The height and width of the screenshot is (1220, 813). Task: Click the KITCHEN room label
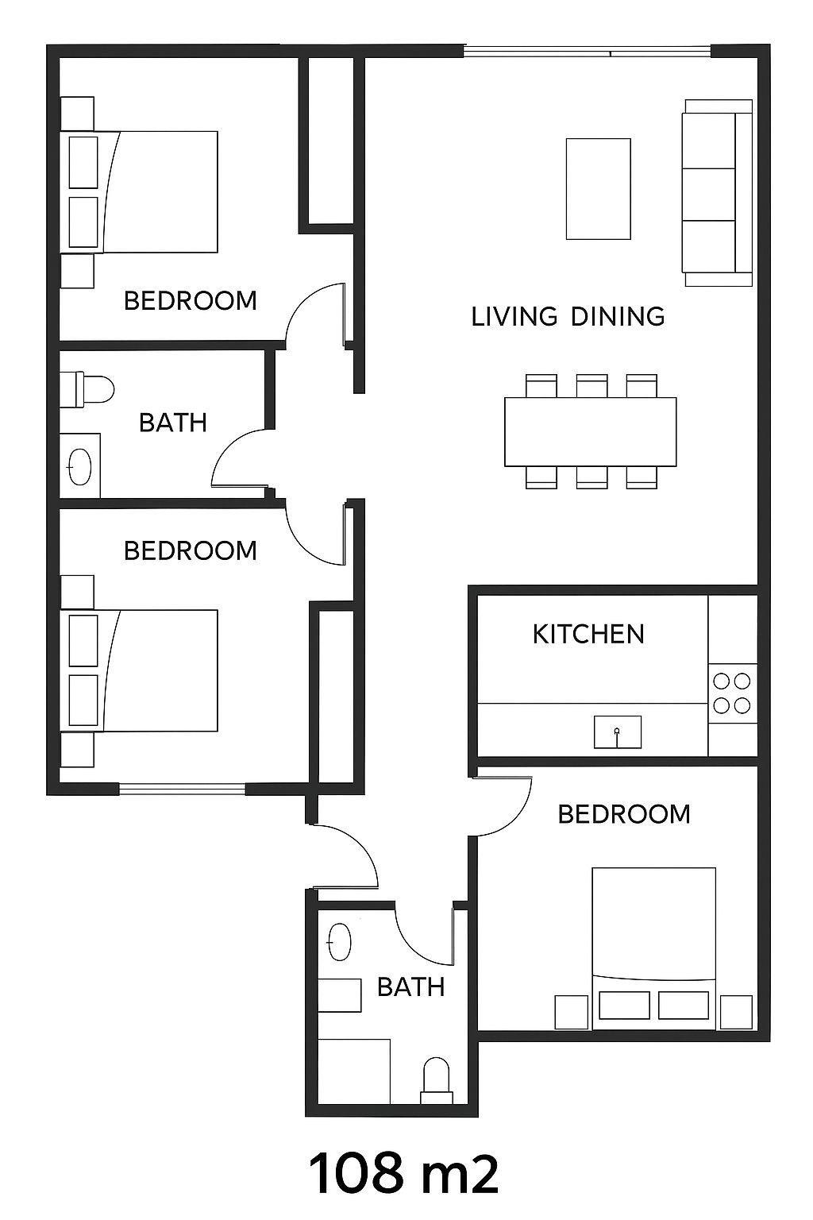click(588, 634)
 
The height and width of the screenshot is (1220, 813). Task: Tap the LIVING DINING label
click(568, 316)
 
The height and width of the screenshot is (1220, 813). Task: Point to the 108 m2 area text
click(403, 1171)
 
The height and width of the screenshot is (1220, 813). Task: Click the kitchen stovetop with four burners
click(732, 693)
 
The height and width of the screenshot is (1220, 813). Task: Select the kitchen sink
click(617, 732)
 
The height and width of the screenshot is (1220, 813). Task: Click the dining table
click(590, 432)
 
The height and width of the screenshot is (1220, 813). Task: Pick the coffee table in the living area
click(599, 188)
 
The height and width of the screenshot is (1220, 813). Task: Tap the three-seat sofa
click(719, 193)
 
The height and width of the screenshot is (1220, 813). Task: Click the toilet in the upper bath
click(86, 389)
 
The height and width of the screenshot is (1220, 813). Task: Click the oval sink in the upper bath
click(79, 467)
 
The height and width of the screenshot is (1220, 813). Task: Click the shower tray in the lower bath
click(354, 1071)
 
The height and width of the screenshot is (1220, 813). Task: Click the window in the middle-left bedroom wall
click(182, 789)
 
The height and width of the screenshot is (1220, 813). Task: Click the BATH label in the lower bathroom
click(411, 987)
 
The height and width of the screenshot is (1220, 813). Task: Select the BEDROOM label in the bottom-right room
click(624, 814)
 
